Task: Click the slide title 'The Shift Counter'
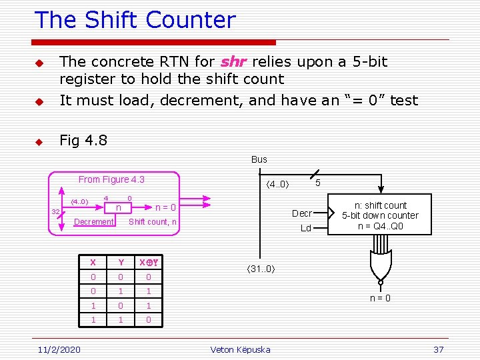coord(135,20)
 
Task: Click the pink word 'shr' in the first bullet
coord(233,62)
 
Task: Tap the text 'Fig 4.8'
coord(83,141)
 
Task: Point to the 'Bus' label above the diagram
coord(259,159)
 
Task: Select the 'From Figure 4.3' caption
coord(111,179)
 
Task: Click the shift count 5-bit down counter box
coord(380,215)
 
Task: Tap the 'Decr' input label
coord(302,213)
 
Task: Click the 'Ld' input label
coord(306,228)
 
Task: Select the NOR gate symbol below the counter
coord(381,263)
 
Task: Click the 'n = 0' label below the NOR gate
coord(381,298)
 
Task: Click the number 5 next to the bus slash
coord(318,182)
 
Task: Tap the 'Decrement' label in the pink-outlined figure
coord(93,222)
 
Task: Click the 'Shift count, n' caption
coord(153,222)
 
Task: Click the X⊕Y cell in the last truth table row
coord(149,320)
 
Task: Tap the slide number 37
coord(438,350)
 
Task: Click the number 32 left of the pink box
coord(56,212)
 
